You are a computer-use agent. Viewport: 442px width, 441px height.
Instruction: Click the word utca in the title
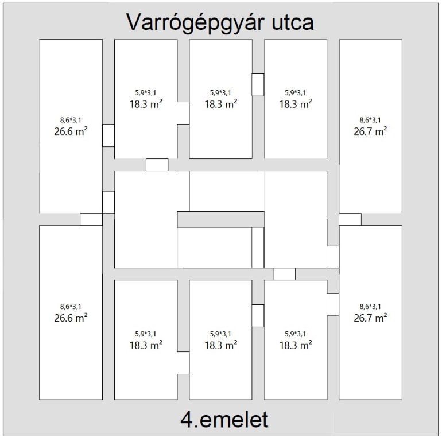[x=293, y=22]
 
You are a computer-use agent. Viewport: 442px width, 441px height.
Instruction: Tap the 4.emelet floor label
[x=224, y=420]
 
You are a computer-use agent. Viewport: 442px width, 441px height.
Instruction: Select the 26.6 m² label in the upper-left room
[x=71, y=131]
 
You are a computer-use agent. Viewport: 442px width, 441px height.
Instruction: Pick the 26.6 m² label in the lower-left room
[x=71, y=318]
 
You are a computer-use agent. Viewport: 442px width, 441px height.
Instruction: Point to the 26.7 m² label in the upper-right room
[x=370, y=131]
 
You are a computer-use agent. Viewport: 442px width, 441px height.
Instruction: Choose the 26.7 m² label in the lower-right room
[x=370, y=318]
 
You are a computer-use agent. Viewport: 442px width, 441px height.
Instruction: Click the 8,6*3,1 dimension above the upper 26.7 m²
[x=370, y=120]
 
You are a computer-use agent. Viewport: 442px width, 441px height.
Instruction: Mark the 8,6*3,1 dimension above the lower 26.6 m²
[x=71, y=307]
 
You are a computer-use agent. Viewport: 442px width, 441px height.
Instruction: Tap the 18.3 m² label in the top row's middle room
[x=221, y=104]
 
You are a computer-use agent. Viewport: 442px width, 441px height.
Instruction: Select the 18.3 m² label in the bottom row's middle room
[x=221, y=345]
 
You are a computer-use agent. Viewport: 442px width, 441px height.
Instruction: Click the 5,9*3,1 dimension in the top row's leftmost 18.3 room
[x=145, y=93]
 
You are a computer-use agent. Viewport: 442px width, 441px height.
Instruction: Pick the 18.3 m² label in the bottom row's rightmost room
[x=296, y=345]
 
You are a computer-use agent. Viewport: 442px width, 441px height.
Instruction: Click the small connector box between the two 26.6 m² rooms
[x=91, y=219]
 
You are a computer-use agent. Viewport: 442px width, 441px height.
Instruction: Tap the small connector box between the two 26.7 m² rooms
[x=350, y=219]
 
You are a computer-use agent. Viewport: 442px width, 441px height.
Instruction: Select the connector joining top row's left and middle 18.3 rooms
[x=183, y=113]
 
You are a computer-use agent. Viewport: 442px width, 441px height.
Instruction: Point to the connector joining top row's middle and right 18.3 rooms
[x=258, y=85]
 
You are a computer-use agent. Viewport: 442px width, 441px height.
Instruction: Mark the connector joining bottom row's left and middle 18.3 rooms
[x=183, y=363]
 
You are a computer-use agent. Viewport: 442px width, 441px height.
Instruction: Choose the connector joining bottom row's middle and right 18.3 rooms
[x=258, y=316]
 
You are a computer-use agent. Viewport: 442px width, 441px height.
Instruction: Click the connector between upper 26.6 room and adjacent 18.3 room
[x=108, y=136]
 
